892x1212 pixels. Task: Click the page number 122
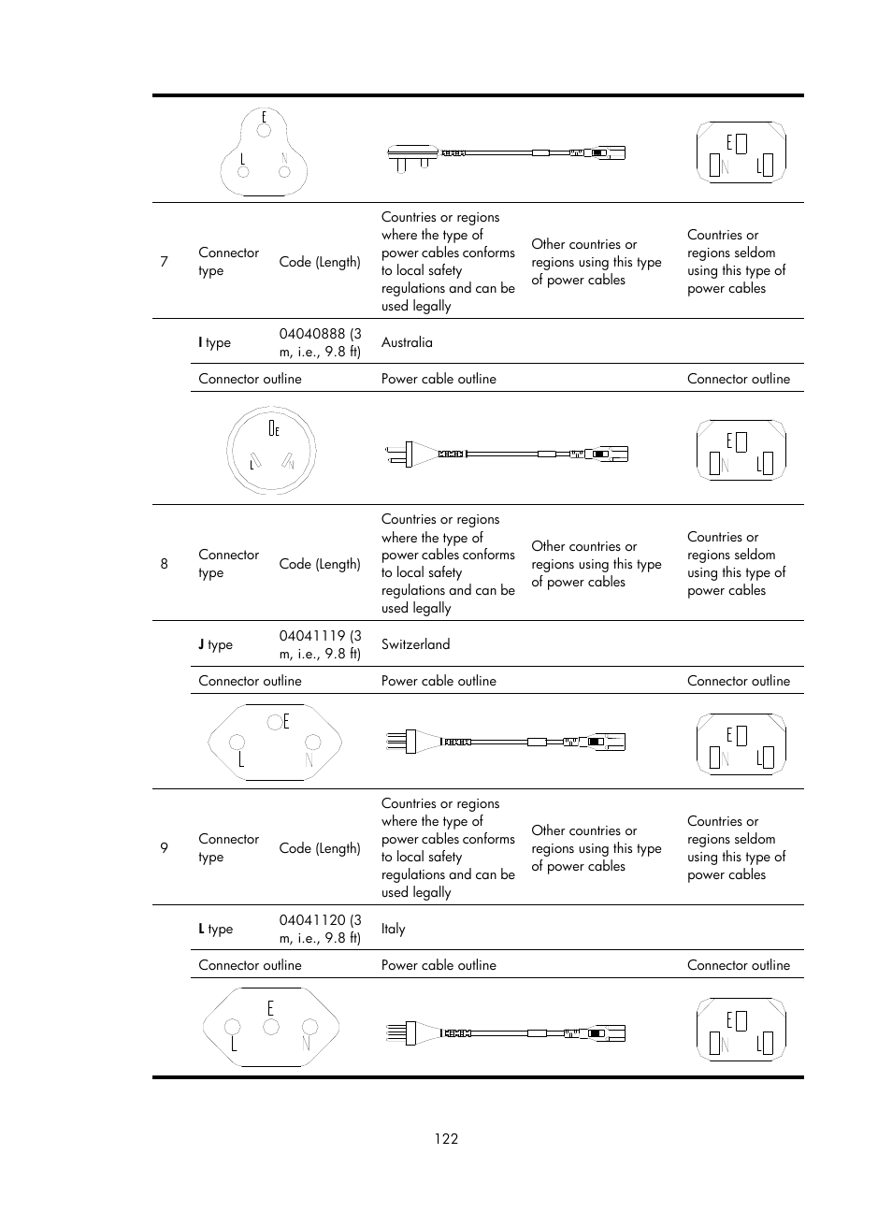tap(446, 1138)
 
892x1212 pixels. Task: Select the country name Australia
tap(407, 342)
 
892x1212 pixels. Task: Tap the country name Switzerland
tap(415, 644)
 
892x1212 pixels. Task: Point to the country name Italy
tap(394, 929)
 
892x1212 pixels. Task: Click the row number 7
tap(164, 262)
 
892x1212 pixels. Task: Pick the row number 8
tap(164, 564)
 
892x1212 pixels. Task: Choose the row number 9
tap(164, 848)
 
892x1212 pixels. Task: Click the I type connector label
tap(214, 342)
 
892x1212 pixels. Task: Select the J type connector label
tap(215, 644)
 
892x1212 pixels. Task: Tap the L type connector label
tap(215, 929)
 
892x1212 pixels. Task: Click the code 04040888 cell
tap(320, 342)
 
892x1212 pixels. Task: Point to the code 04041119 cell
tap(320, 644)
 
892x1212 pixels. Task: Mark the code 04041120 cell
tap(320, 929)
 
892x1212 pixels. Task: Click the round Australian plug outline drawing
tap(271, 451)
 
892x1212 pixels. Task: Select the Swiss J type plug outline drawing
tap(274, 743)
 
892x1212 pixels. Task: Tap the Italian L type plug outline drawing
tap(271, 1028)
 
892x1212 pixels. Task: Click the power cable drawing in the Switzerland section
tap(505, 742)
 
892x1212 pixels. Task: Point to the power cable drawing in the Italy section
tap(505, 1033)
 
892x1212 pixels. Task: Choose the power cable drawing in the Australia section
tap(506, 454)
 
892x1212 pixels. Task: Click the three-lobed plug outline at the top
tap(264, 152)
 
